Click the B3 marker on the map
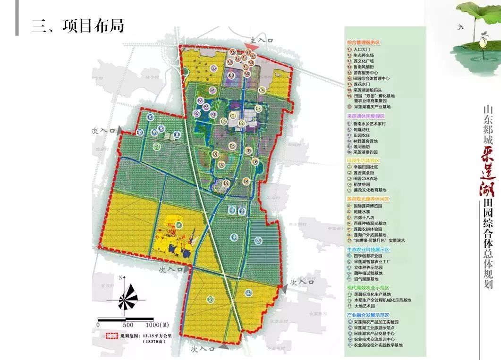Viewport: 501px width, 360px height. tap(213, 68)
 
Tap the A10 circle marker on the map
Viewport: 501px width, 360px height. tap(231, 75)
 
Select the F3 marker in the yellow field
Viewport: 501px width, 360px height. tap(179, 225)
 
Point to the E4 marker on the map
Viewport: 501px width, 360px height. tap(258, 241)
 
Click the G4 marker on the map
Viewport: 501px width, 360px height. tap(151, 117)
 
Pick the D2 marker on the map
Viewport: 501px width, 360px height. tap(226, 183)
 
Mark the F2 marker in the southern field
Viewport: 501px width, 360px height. tap(211, 299)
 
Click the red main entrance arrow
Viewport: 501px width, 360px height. tap(252, 47)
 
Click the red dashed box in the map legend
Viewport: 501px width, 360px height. tap(111, 336)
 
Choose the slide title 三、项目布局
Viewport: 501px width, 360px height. tap(78, 26)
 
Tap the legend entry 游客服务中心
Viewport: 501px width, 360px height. tap(368, 73)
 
